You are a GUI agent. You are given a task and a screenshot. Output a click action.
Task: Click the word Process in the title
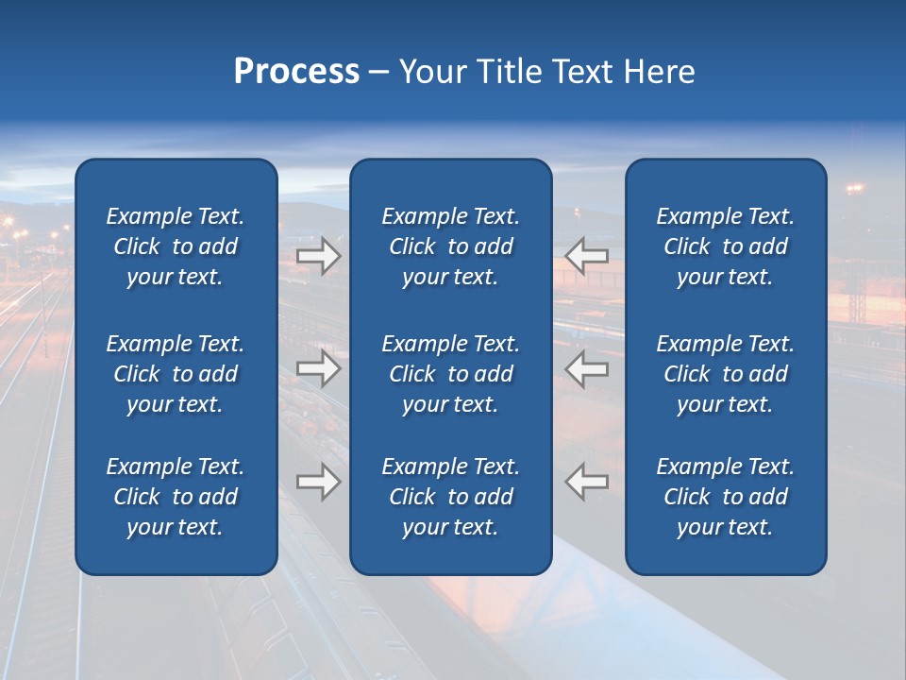pyautogui.click(x=296, y=72)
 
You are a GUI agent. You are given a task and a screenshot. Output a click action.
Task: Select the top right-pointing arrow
pyautogui.click(x=318, y=256)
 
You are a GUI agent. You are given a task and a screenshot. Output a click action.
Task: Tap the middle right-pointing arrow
pyautogui.click(x=318, y=368)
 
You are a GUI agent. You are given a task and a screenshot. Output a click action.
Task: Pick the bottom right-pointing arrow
pyautogui.click(x=318, y=482)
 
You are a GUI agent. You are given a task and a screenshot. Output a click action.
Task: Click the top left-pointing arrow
pyautogui.click(x=587, y=256)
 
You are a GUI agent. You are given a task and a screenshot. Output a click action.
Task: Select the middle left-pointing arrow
pyautogui.click(x=587, y=368)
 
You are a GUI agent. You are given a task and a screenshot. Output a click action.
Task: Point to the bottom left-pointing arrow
pyautogui.click(x=587, y=482)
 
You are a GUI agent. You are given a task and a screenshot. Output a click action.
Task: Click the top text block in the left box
pyautogui.click(x=176, y=246)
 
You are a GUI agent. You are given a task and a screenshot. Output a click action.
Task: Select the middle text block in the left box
pyautogui.click(x=176, y=374)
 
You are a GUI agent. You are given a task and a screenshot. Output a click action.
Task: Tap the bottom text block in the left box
pyautogui.click(x=176, y=497)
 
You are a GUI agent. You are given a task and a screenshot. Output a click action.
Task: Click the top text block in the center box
pyautogui.click(x=451, y=246)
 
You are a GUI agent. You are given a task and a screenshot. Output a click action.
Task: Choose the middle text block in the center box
pyautogui.click(x=451, y=374)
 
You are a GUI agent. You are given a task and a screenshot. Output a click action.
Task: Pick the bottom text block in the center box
pyautogui.click(x=451, y=497)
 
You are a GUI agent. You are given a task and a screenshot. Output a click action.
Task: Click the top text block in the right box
pyautogui.click(x=726, y=246)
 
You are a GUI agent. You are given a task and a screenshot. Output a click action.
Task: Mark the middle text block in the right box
pyautogui.click(x=726, y=374)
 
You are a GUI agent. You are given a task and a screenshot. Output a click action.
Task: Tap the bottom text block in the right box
pyautogui.click(x=726, y=497)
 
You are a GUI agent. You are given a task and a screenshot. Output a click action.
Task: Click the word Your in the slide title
pyautogui.click(x=433, y=72)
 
